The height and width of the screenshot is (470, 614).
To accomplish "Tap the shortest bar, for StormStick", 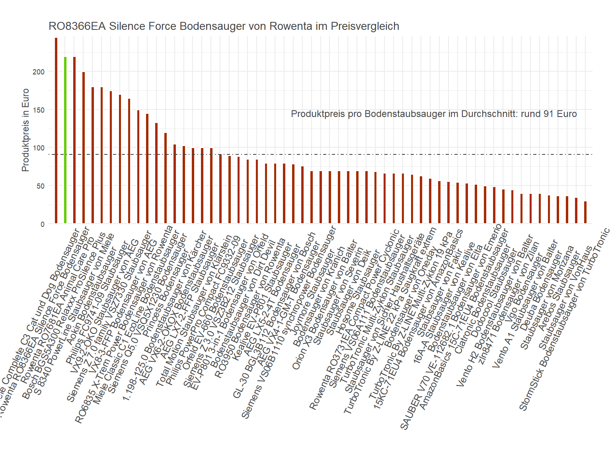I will pyautogui.click(x=585, y=213).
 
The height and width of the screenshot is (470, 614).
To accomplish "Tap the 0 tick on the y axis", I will pyautogui.click(x=42, y=224).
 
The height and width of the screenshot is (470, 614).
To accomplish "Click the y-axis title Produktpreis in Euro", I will pyautogui.click(x=25, y=130).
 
